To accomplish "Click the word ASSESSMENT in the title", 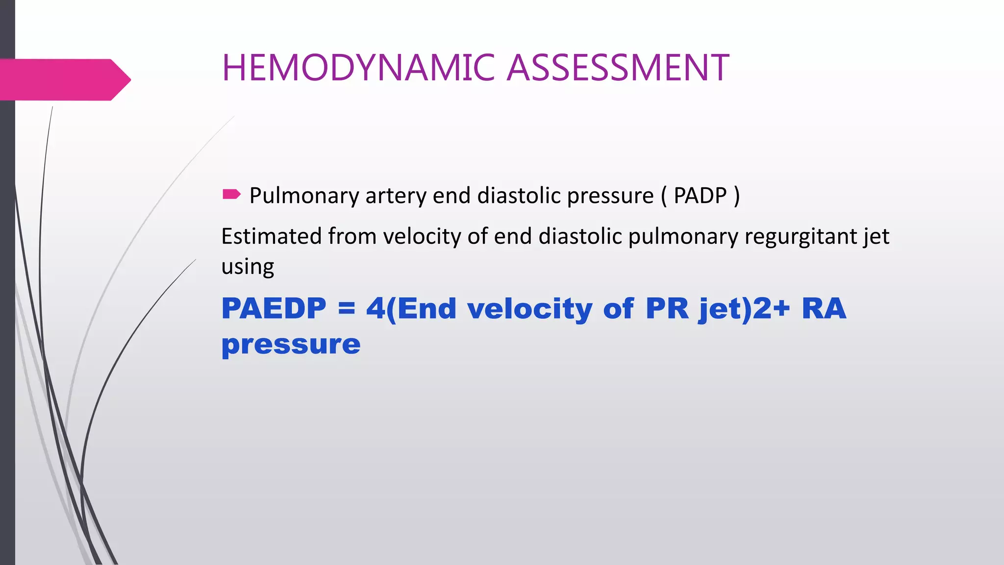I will click(x=618, y=68).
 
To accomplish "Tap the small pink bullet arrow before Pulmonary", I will click(x=231, y=194).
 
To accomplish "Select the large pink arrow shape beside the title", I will click(x=64, y=79).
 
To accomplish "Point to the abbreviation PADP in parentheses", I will click(x=700, y=195).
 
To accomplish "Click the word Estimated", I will click(x=271, y=236).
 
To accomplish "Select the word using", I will click(x=248, y=267).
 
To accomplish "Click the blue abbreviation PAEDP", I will click(x=274, y=308).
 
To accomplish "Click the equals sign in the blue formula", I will click(x=346, y=309).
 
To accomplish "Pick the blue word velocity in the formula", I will click(x=529, y=309).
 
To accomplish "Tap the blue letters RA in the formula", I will click(x=824, y=308).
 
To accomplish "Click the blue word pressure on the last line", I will click(x=291, y=344).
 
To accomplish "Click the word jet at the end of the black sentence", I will click(x=876, y=237).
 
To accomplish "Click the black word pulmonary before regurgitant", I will click(x=683, y=237).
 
